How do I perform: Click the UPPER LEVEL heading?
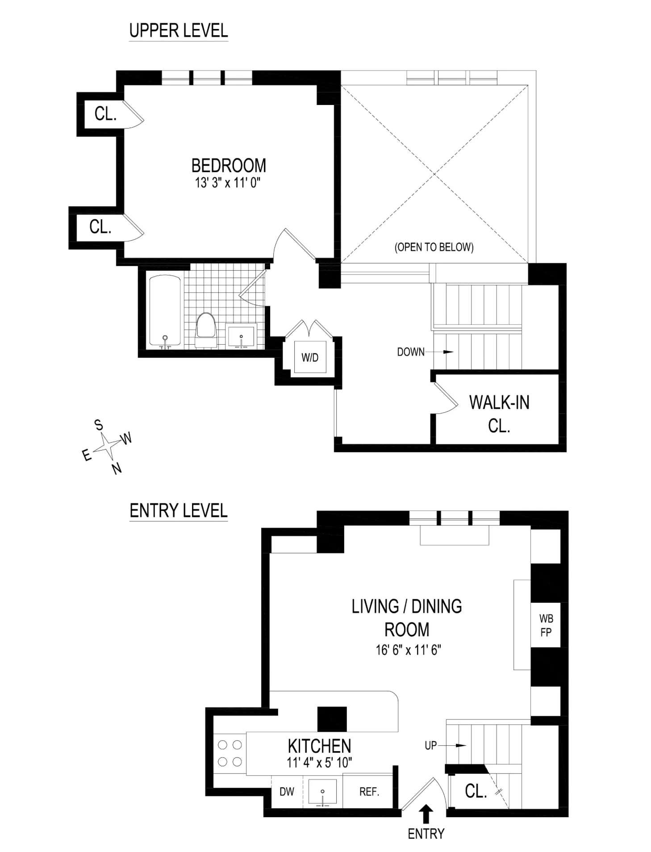(x=178, y=31)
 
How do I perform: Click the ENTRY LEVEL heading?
(x=178, y=510)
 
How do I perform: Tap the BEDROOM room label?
(x=228, y=166)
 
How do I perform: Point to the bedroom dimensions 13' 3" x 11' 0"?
(x=227, y=183)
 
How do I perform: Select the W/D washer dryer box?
(x=310, y=357)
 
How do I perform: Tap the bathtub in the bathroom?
(x=165, y=311)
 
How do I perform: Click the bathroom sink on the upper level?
(x=241, y=336)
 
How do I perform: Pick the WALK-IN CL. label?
(x=499, y=413)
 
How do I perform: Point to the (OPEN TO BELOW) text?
(x=434, y=247)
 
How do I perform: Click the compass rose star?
(x=107, y=446)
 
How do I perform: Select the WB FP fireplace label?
(x=546, y=625)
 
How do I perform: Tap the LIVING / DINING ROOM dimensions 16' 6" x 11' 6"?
(x=408, y=650)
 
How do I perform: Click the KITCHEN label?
(x=319, y=746)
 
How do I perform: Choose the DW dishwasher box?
(x=287, y=792)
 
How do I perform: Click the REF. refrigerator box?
(x=369, y=792)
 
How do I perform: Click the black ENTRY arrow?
(x=426, y=814)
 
